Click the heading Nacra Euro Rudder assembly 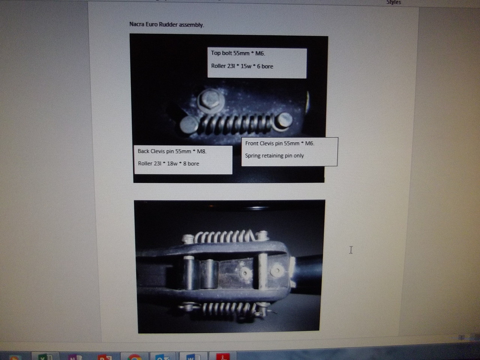click(166, 24)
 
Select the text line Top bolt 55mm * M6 click(238, 53)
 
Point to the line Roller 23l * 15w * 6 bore click(242, 66)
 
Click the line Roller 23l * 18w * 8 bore click(168, 163)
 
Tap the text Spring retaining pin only click(274, 156)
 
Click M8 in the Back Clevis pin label click(202, 151)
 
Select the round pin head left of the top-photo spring click(188, 124)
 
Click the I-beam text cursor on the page click(351, 250)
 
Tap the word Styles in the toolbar click(393, 2)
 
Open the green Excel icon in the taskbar click(45, 357)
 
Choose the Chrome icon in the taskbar click(135, 357)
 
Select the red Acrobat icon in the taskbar click(223, 357)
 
